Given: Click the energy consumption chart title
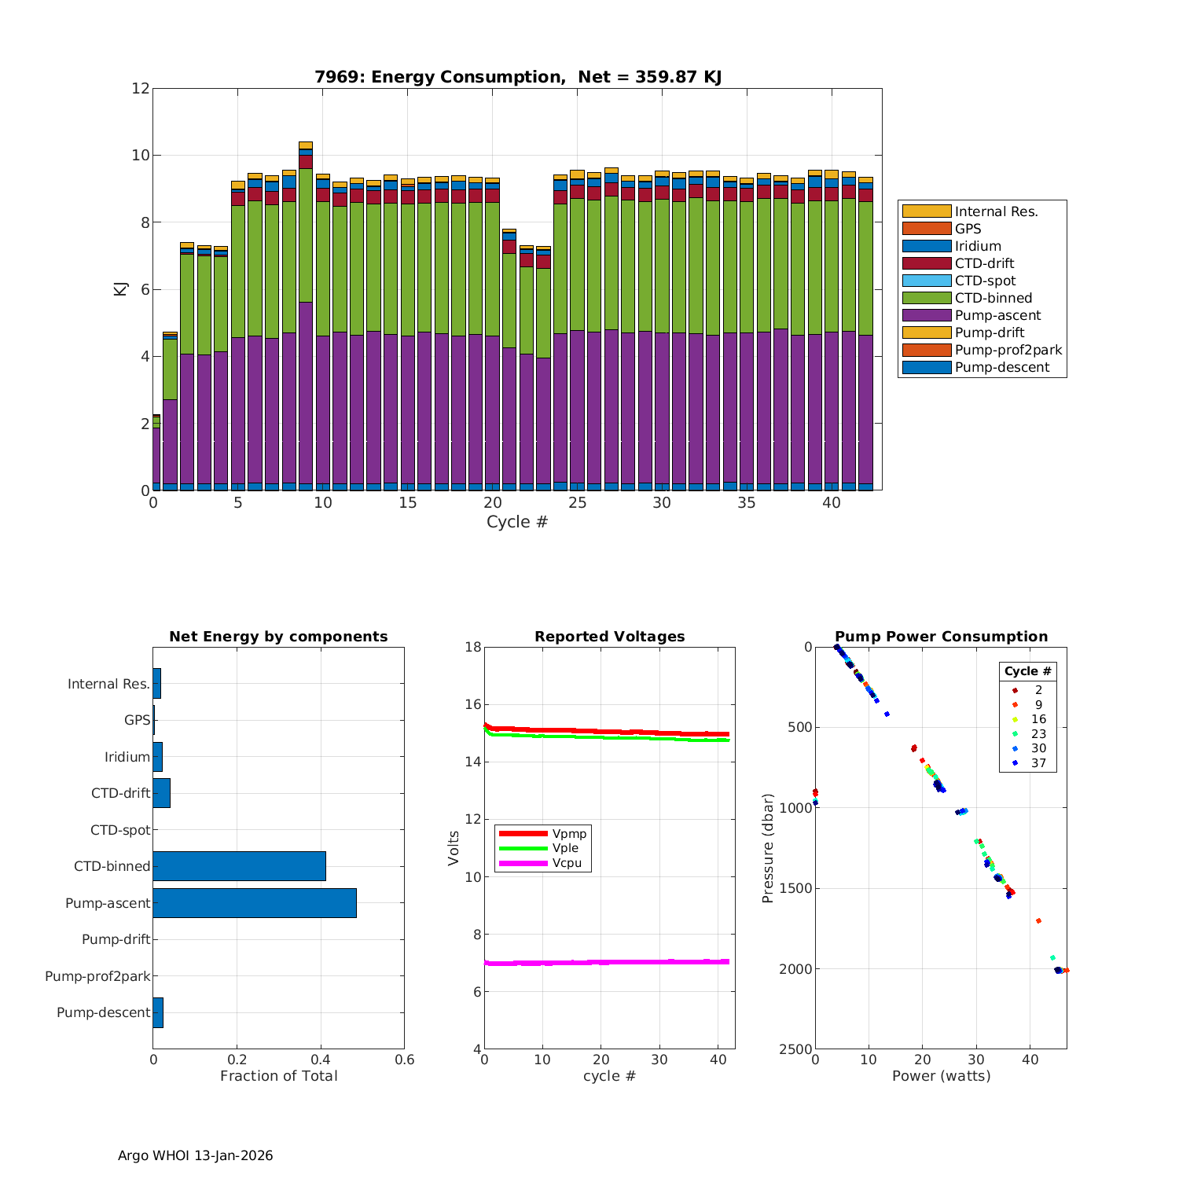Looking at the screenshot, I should coord(518,77).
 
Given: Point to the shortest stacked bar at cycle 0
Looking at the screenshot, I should coord(156,456).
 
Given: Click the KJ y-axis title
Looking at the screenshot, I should coord(120,289).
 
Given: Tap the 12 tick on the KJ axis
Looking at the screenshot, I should coord(141,88).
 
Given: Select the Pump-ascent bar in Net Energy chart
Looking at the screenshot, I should coord(255,903).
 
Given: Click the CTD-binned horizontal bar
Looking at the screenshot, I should coord(239,866).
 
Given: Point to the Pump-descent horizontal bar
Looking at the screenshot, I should coord(158,1012).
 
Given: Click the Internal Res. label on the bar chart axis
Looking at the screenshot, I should coord(108,684).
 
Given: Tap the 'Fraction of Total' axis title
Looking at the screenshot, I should coord(278,1076).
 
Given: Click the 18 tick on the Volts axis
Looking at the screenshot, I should coord(472,647).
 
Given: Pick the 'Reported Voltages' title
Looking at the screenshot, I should coord(609,637).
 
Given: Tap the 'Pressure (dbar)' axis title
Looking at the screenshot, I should coord(768,847).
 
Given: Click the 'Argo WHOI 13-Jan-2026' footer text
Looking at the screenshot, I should coord(196,1155).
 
